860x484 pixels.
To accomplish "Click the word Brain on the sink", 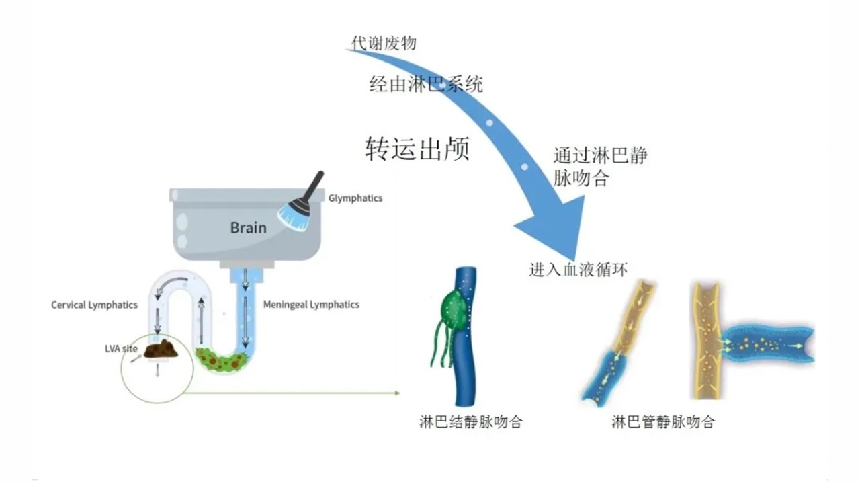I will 248,227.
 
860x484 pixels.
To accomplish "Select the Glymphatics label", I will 355,198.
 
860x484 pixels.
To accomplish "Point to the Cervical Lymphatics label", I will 94,305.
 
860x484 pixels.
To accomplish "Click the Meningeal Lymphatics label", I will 311,305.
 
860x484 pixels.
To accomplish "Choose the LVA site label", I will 122,348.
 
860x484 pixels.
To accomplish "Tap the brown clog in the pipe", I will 162,349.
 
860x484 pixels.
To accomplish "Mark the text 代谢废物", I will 384,43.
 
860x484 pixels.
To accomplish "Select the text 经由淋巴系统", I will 426,84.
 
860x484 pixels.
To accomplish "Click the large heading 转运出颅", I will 417,149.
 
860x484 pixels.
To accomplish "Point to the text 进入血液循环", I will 578,270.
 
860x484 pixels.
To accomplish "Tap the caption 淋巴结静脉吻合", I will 470,422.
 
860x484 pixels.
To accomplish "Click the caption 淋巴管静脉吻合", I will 662,422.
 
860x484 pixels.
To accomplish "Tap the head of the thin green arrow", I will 396,393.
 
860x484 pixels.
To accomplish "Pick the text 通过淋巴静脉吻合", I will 600,167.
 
